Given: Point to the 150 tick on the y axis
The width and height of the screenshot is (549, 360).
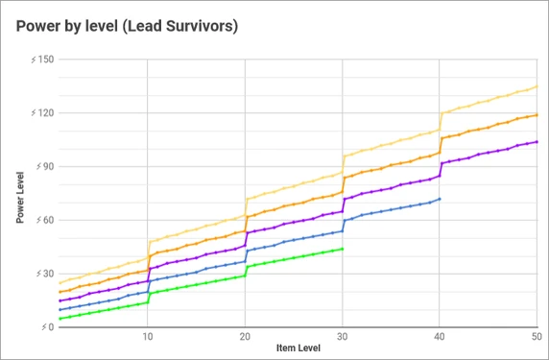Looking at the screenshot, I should point(42,60).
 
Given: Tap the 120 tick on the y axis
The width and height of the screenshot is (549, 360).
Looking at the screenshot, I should point(42,113).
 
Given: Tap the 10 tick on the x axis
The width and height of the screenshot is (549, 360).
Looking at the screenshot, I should point(147,337).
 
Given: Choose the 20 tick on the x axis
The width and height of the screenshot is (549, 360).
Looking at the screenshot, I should point(245,337).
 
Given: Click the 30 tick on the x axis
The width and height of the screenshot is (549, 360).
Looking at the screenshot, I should point(343,337).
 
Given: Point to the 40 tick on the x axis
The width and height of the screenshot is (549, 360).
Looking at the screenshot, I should point(440,337).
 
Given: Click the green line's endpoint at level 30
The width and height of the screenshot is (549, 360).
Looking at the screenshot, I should point(343,249).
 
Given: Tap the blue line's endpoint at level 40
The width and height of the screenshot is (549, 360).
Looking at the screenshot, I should point(440,199).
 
